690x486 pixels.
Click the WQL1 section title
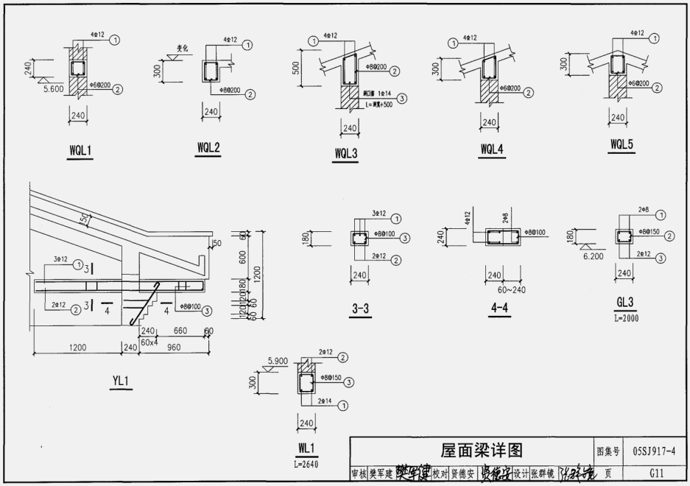(x=80, y=151)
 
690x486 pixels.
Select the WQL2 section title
(x=208, y=147)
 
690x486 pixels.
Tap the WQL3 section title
(x=346, y=154)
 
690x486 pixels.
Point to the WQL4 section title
(x=492, y=149)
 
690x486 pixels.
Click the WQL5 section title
(x=622, y=144)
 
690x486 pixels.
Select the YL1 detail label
(x=121, y=381)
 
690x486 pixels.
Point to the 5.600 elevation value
(x=53, y=88)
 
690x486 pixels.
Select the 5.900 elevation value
(x=278, y=362)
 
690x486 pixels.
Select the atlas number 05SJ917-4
(x=653, y=450)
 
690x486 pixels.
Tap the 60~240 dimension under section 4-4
(x=500, y=288)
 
